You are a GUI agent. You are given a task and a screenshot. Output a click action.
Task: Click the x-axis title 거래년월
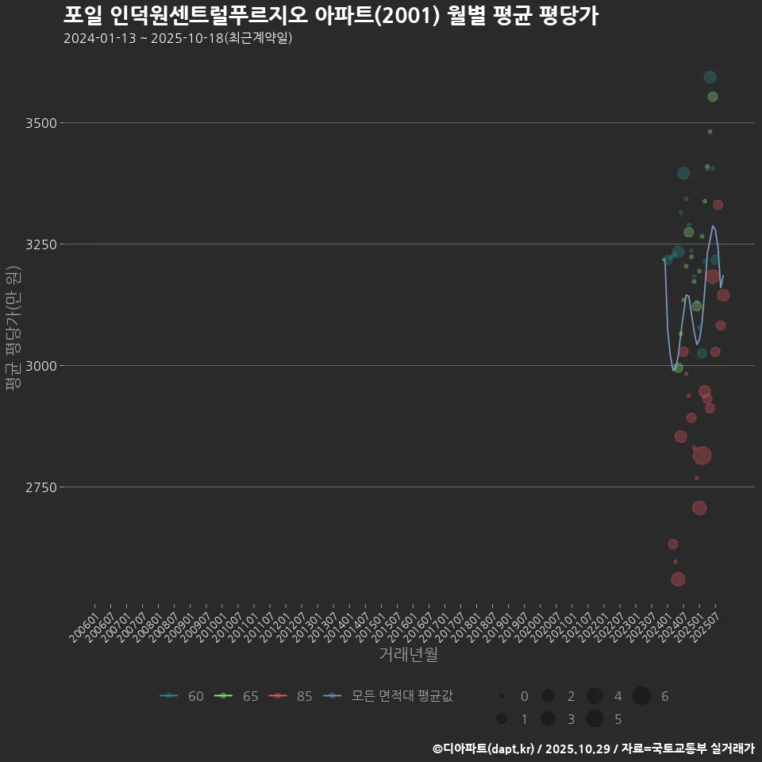tap(408, 655)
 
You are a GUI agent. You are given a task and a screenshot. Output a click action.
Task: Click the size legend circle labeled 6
tap(641, 696)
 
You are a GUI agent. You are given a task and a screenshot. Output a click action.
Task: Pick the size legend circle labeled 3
tap(548, 719)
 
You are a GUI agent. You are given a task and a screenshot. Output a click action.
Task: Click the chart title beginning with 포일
tap(330, 15)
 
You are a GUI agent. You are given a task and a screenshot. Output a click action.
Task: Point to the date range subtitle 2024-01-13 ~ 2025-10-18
tap(178, 38)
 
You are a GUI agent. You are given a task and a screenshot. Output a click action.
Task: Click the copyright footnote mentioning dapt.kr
tap(593, 749)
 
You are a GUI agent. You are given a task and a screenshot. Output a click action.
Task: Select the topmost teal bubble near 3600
tap(710, 77)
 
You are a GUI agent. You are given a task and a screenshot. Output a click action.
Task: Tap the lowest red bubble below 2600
tap(678, 579)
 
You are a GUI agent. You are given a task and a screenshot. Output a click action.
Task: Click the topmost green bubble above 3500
tap(712, 97)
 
